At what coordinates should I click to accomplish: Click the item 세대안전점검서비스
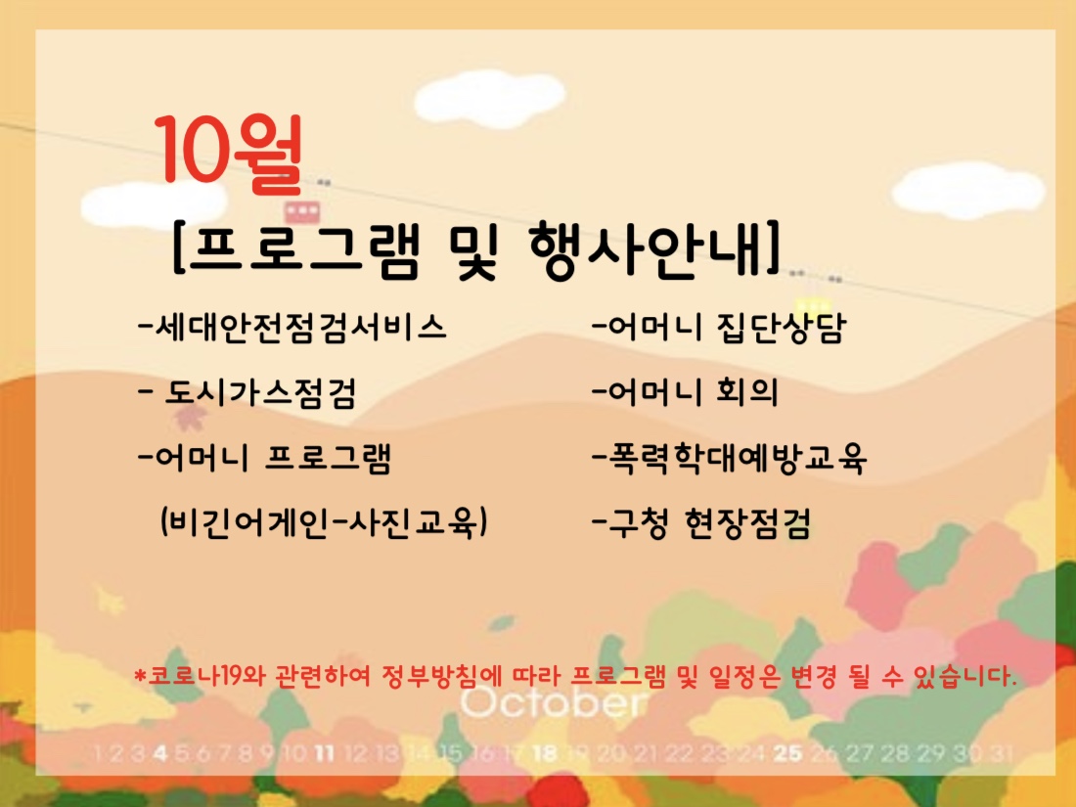point(292,327)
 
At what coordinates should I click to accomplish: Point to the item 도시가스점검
point(247,393)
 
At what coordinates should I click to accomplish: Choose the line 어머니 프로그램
point(265,459)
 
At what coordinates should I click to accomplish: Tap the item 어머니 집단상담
point(719,327)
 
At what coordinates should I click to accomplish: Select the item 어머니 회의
point(685,392)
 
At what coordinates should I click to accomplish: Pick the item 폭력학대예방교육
point(730,459)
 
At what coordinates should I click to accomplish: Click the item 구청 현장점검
point(701,523)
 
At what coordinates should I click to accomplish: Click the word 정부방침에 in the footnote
point(438,677)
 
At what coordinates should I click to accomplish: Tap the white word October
point(553,703)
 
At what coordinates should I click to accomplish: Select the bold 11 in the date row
point(324,754)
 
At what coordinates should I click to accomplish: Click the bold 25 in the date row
point(787,753)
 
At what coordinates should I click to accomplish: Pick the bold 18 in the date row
point(545,754)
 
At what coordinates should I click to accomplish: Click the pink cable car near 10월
point(302,211)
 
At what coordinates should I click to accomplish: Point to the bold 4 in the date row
point(160,754)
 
